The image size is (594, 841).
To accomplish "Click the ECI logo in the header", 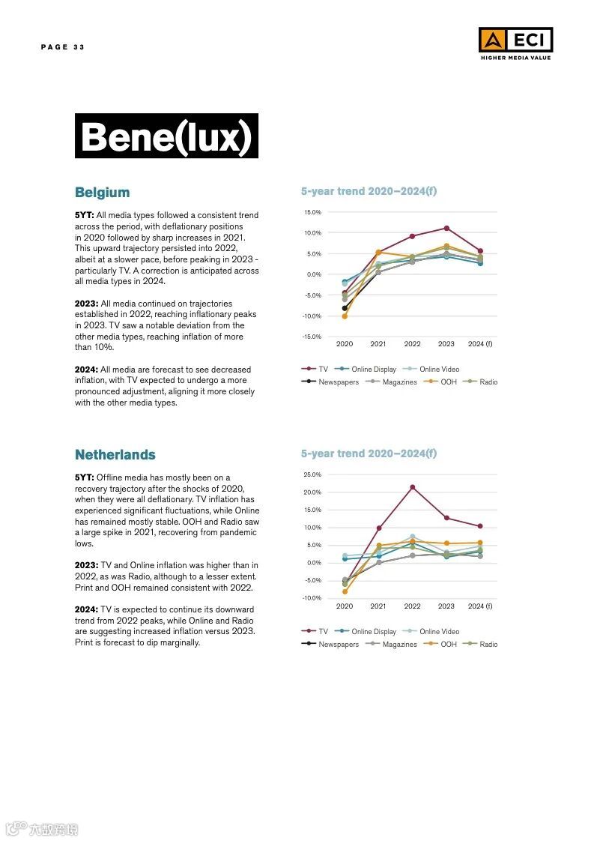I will [515, 43].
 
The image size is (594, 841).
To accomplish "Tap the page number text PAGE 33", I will [63, 47].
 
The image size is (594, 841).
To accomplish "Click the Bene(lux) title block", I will [166, 136].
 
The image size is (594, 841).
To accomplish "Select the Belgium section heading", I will [102, 193].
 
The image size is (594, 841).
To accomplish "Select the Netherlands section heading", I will [115, 455].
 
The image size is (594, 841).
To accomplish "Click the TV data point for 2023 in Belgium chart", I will [446, 228].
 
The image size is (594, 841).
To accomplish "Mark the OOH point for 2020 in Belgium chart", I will [345, 316].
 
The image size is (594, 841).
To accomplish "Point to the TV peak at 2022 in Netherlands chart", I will [412, 487].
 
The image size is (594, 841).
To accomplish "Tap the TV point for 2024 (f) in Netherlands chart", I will [480, 526].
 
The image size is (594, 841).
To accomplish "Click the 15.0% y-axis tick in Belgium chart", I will [312, 212].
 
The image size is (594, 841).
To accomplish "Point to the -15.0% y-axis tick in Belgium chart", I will [312, 337].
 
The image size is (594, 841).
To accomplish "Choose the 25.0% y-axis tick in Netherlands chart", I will [312, 474].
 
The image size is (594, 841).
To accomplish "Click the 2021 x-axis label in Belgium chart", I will [378, 344].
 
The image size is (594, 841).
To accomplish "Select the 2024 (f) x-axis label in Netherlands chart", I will [480, 606].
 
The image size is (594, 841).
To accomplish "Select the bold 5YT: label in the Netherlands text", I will [84, 477].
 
